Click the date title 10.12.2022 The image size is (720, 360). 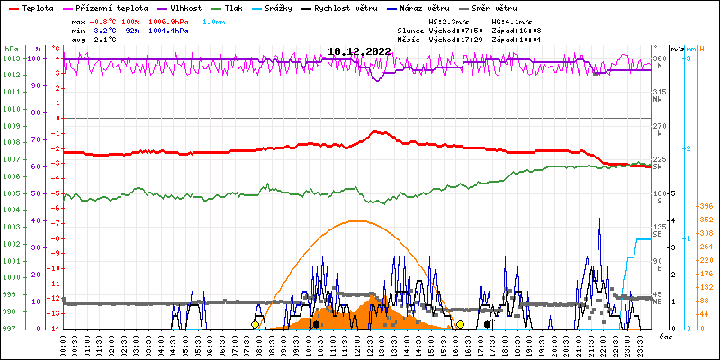click(359, 52)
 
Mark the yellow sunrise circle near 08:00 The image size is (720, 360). click(256, 324)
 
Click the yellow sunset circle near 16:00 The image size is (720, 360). click(460, 324)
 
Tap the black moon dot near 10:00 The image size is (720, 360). click(316, 324)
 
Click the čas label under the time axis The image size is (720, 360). click(667, 337)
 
